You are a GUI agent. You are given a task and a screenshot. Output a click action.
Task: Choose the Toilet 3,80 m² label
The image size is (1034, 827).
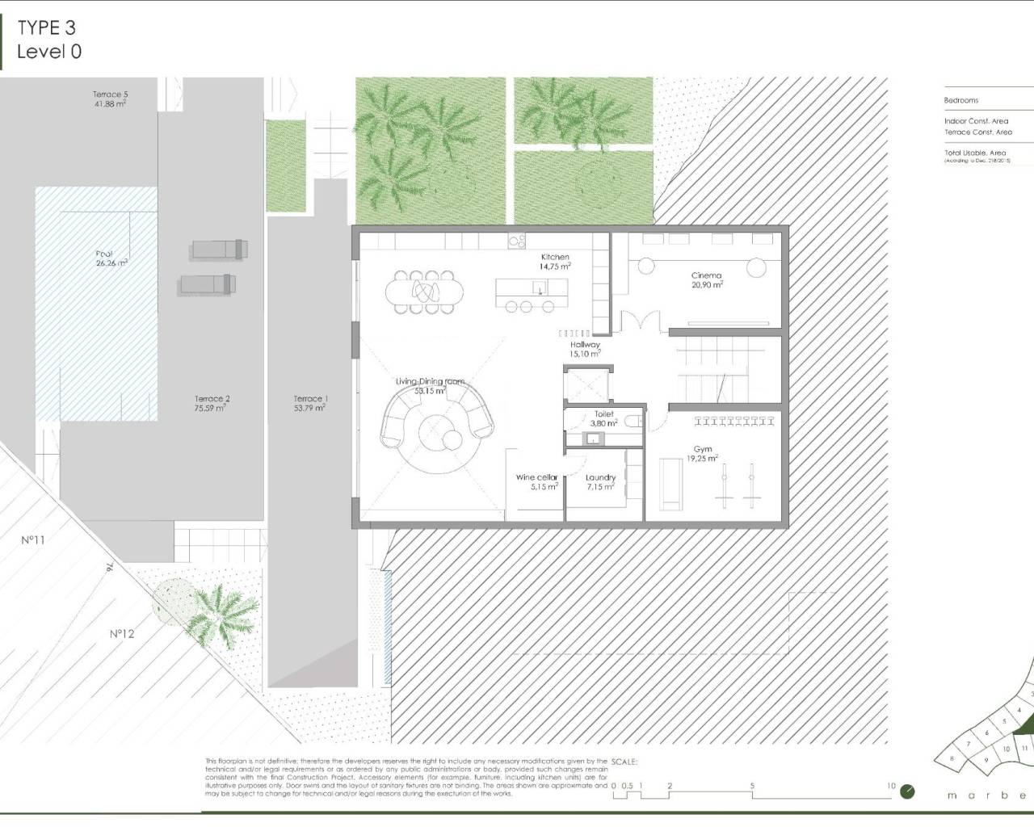point(603,418)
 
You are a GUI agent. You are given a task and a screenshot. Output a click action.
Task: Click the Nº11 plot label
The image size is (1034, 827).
point(32,539)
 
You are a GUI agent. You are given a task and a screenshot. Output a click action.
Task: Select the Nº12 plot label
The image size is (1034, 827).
point(121,634)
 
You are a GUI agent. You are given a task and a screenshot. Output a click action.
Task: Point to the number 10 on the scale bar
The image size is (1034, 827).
point(890,786)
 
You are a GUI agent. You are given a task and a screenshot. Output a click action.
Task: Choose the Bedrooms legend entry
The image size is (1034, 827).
point(960,100)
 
